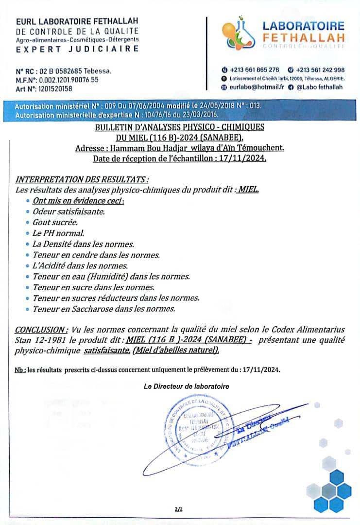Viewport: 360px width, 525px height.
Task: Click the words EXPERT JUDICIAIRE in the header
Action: coord(77,49)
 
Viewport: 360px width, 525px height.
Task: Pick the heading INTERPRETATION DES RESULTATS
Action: coord(82,179)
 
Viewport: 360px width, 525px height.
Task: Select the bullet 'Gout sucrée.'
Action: coord(55,222)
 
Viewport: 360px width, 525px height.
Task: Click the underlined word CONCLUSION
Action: coord(41,330)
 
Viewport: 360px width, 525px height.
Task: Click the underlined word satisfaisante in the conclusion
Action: coord(106,350)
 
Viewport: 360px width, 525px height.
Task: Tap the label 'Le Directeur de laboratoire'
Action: coord(186,386)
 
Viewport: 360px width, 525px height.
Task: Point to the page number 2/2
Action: coord(179,509)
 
